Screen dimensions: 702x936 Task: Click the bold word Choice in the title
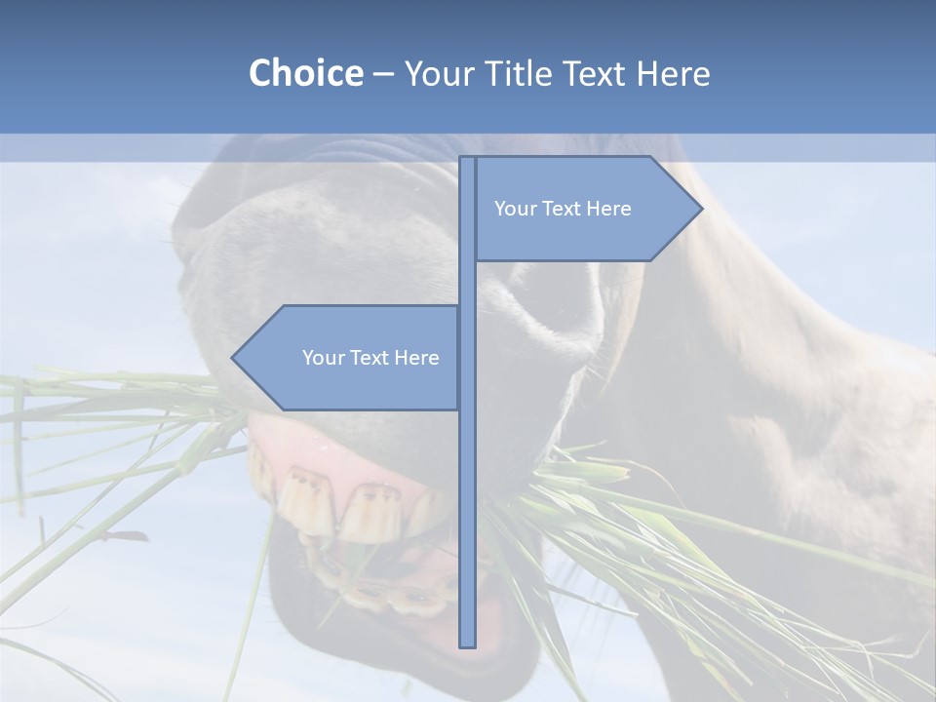(305, 73)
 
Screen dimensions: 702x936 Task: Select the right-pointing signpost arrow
(585, 209)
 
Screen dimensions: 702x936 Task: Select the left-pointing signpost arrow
(351, 358)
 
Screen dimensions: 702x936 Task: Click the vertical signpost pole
(468, 439)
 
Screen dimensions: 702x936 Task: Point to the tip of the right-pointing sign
(700, 209)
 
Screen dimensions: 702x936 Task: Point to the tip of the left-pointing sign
(234, 358)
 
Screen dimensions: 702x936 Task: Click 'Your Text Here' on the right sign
(563, 209)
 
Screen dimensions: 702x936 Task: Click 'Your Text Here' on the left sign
(370, 358)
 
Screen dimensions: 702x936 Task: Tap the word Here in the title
(673, 73)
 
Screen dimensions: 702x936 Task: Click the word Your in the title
(435, 73)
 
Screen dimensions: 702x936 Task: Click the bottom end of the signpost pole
(468, 643)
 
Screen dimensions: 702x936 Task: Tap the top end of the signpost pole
(468, 160)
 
